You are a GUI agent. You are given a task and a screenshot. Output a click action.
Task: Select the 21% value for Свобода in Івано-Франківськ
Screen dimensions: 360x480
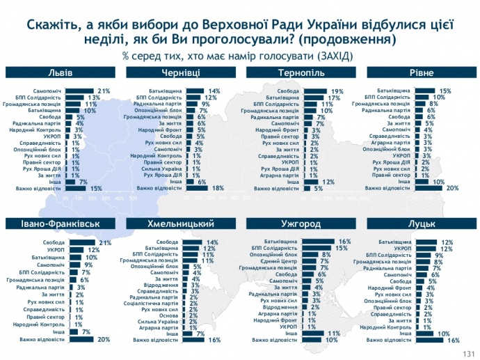pos(106,242)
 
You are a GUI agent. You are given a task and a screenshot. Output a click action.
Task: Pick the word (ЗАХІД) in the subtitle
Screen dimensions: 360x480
pos(333,55)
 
